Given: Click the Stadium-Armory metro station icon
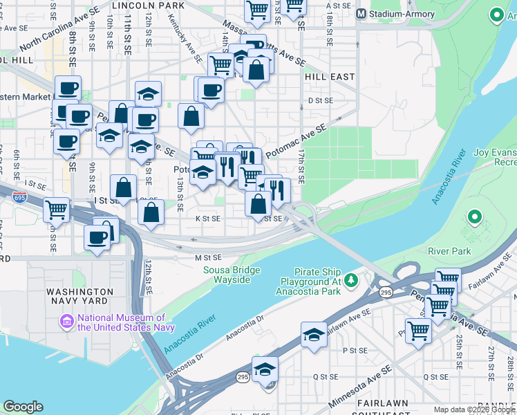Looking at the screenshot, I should click(360, 14).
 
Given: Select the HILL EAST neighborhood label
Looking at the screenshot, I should click(330, 77).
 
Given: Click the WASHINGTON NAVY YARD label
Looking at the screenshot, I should click(79, 297).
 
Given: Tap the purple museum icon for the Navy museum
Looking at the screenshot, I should click(67, 322).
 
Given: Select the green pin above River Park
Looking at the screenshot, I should click(474, 219).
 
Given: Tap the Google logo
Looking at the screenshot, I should click(23, 407).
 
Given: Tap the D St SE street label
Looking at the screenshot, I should click(321, 100).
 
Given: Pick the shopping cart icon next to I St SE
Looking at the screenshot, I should click(56, 210).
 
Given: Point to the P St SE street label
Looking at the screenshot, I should click(354, 351).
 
